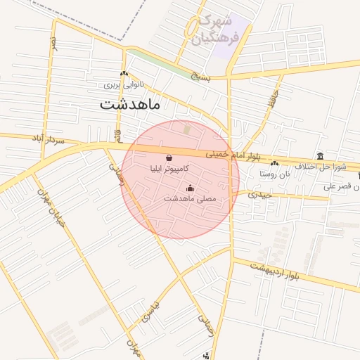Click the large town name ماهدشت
point(131,105)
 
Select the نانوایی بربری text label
point(124,85)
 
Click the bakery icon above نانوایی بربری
point(124,74)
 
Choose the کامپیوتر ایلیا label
point(169,169)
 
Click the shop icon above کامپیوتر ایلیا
point(169,157)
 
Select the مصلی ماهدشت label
point(190,199)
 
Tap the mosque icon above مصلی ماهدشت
point(190,188)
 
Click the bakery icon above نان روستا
point(274,163)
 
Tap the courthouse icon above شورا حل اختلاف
point(321,155)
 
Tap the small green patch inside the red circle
point(186,129)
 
